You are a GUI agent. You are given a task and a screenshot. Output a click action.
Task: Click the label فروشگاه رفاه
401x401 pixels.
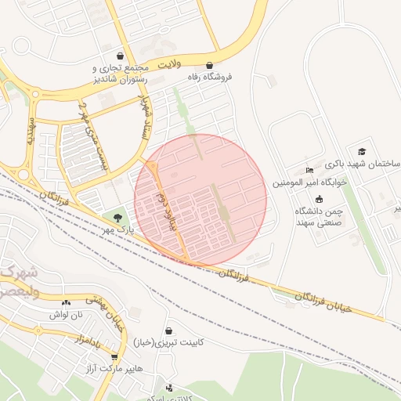209,77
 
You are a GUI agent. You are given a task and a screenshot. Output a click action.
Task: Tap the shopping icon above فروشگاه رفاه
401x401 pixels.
209,65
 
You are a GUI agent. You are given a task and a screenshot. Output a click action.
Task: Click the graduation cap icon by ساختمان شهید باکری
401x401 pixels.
361,151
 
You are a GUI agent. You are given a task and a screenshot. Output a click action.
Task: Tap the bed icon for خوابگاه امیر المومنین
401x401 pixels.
309,170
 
